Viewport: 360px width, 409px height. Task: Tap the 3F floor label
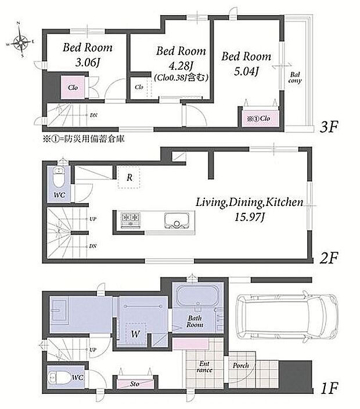[x=329, y=127]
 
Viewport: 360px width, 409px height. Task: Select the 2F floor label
[x=329, y=258]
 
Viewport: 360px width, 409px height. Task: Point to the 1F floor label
[x=329, y=388]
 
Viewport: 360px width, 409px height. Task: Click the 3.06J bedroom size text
[x=88, y=63]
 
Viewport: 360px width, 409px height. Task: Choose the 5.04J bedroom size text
[x=246, y=71]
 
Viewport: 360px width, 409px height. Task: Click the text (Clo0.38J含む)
[x=181, y=78]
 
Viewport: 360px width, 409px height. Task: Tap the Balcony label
[x=295, y=78]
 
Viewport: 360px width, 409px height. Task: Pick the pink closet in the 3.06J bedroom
[x=73, y=88]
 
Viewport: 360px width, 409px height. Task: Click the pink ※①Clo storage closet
[x=258, y=119]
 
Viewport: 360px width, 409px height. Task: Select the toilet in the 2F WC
[x=59, y=178]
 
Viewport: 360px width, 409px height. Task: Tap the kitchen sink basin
[x=177, y=220]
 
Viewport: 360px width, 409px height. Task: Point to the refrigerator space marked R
[x=129, y=178]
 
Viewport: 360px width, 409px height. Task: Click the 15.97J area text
[x=250, y=217]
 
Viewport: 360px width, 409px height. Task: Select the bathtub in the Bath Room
[x=197, y=296]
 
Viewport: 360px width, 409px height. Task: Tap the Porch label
[x=241, y=365]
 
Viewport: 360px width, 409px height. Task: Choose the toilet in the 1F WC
[x=60, y=377]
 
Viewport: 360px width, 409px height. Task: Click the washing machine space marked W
[x=135, y=333]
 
